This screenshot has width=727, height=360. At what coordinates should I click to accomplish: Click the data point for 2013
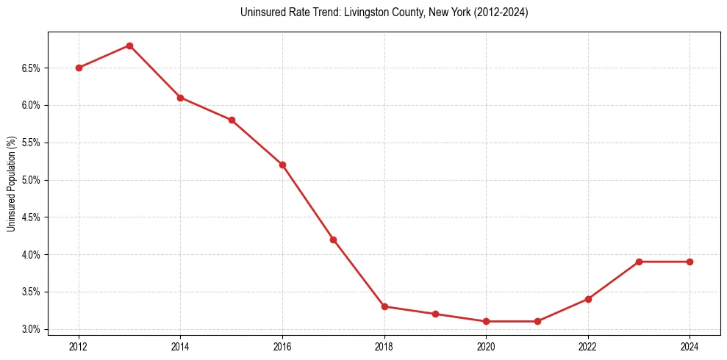click(129, 46)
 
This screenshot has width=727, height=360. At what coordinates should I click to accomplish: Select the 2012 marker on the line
click(79, 68)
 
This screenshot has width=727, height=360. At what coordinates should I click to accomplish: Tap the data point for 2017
click(333, 240)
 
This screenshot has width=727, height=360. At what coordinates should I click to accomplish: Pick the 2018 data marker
click(384, 306)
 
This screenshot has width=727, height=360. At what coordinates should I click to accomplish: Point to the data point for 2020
click(486, 321)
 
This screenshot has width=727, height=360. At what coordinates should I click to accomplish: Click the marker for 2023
click(639, 262)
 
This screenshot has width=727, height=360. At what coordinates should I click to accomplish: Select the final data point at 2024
click(690, 262)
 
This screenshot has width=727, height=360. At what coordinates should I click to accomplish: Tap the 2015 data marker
click(232, 120)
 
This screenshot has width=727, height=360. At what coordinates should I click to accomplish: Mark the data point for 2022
click(588, 299)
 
